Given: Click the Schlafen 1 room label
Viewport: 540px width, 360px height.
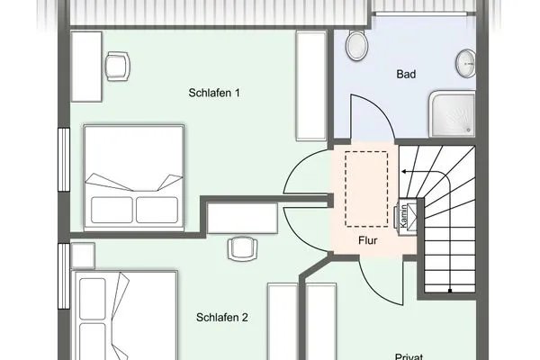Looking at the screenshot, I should (x=214, y=94).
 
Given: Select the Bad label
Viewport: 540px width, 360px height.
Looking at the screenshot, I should (x=405, y=75).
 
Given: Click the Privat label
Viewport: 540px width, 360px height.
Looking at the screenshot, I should (x=409, y=355).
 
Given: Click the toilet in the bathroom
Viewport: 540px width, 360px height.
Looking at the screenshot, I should (x=355, y=44).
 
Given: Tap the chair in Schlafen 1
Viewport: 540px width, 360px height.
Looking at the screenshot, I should (x=117, y=65).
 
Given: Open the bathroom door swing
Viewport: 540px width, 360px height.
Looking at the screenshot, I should (x=371, y=117).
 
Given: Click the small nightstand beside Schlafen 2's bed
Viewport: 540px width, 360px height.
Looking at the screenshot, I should (x=81, y=255).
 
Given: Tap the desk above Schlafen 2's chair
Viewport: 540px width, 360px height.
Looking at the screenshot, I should (x=242, y=217).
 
